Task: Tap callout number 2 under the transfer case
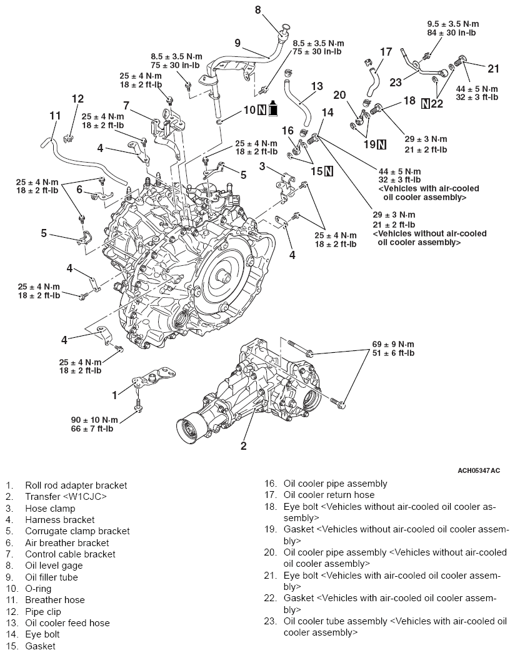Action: (244, 446)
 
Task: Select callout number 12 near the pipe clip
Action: (77, 98)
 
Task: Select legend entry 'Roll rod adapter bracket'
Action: (75, 485)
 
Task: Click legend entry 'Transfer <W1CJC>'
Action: (66, 497)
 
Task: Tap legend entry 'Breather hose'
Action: (54, 599)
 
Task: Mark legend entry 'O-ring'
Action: (38, 588)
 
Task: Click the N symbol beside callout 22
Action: (426, 104)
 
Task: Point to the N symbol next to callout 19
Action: (381, 145)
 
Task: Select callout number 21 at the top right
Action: (494, 68)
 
